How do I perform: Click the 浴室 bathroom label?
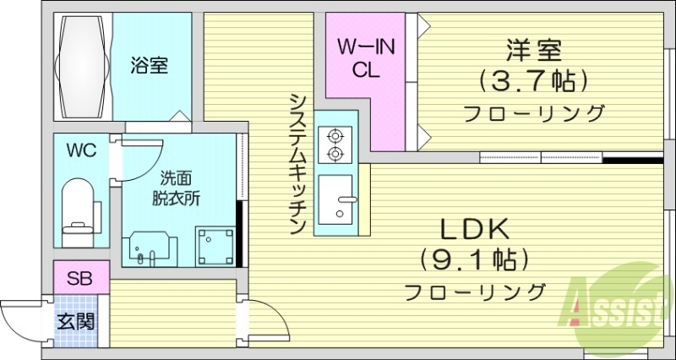[148, 65]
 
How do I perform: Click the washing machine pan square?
[213, 244]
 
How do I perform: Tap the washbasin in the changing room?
[150, 248]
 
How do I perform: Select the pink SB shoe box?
[80, 277]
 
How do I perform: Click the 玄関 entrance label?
[75, 321]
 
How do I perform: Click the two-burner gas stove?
[335, 144]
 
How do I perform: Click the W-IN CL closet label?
[367, 57]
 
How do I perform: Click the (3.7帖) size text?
[533, 81]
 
